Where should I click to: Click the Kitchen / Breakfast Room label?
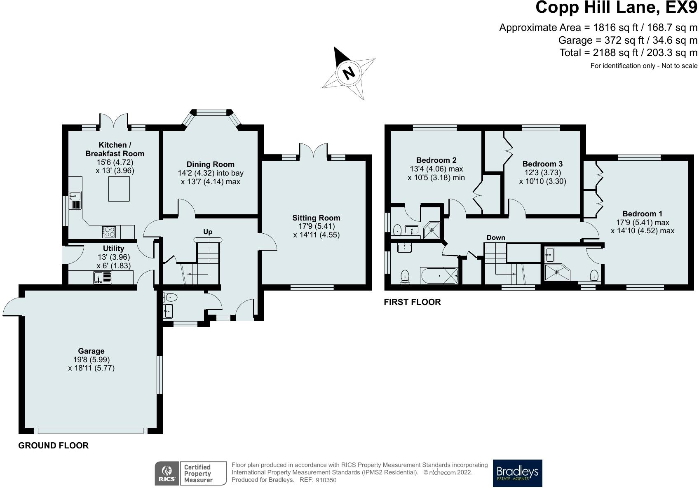pyautogui.click(x=115, y=149)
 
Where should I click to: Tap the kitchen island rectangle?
pyautogui.click(x=119, y=189)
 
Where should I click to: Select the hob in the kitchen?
pyautogui.click(x=108, y=232)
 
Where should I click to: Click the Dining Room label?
pyautogui.click(x=210, y=164)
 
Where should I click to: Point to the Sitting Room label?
pyautogui.click(x=316, y=218)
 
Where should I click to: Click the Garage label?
pyautogui.click(x=91, y=351)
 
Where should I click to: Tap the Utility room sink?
pyautogui.click(x=103, y=277)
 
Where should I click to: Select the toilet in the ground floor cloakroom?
pyautogui.click(x=170, y=297)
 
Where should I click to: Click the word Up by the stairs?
pyautogui.click(x=208, y=232)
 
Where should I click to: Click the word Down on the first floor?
pyautogui.click(x=496, y=237)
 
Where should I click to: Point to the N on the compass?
pyautogui.click(x=349, y=73)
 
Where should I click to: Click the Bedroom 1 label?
pyautogui.click(x=642, y=214)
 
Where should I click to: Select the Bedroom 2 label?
pyautogui.click(x=436, y=160)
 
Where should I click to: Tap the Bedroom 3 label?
pyautogui.click(x=542, y=164)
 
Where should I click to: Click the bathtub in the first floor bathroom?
pyautogui.click(x=439, y=275)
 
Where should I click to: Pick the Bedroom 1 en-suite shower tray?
pyautogui.click(x=557, y=272)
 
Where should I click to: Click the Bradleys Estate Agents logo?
pyautogui.click(x=517, y=473)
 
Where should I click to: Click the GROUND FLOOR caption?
pyautogui.click(x=53, y=445)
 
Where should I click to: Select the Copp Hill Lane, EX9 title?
pyautogui.click(x=616, y=7)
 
